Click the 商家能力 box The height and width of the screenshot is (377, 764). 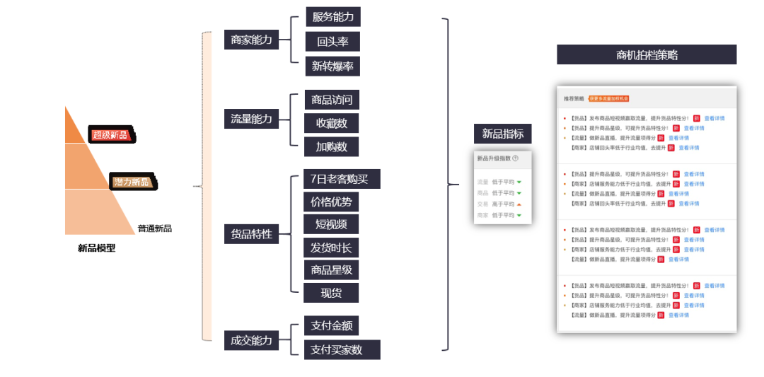click(251, 40)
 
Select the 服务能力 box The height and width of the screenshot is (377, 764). click(333, 17)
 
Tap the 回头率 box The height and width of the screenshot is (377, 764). click(332, 42)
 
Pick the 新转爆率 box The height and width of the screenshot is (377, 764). click(332, 66)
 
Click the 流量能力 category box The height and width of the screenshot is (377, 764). click(251, 119)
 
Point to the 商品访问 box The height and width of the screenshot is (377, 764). click(332, 99)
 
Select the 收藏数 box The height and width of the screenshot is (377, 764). click(332, 123)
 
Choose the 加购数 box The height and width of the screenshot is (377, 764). click(332, 147)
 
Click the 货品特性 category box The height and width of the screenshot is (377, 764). click(251, 233)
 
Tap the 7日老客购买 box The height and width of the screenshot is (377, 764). click(341, 179)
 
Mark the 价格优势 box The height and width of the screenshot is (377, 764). click(331, 202)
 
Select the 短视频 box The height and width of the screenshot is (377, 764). click(331, 225)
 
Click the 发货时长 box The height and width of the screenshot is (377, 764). click(331, 248)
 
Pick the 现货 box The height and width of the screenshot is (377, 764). click(331, 293)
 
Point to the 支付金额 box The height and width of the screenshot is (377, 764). click(331, 326)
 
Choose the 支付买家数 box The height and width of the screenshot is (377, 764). click(342, 349)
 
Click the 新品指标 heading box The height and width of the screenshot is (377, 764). click(502, 134)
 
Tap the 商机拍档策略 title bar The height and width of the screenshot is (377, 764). click(647, 55)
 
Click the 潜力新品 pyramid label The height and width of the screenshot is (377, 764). click(133, 182)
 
